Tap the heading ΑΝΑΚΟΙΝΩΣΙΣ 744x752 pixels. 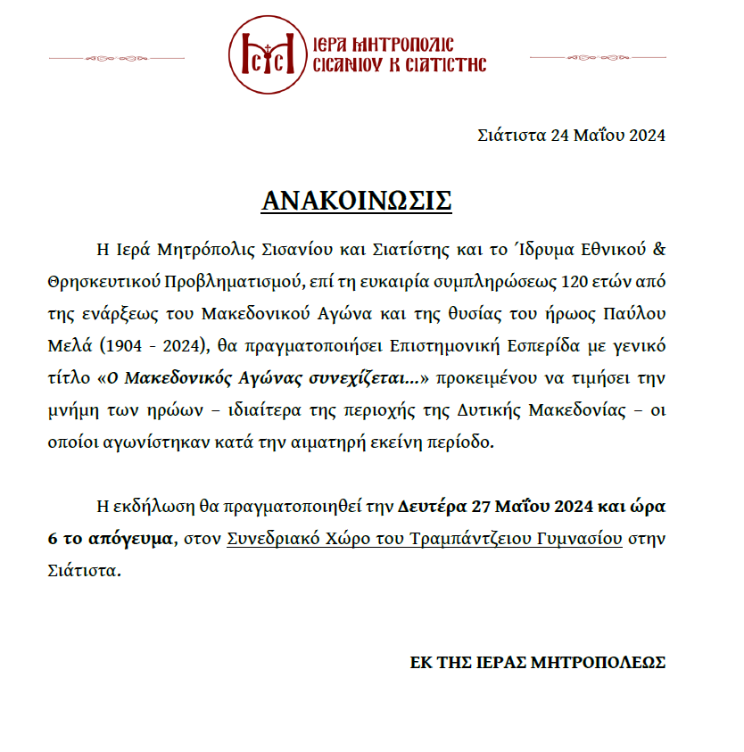tap(357, 200)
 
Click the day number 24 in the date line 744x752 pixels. tap(560, 136)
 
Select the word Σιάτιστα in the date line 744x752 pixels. tap(511, 136)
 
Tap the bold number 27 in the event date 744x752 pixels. tap(483, 507)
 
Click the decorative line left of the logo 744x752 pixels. tap(134, 58)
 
